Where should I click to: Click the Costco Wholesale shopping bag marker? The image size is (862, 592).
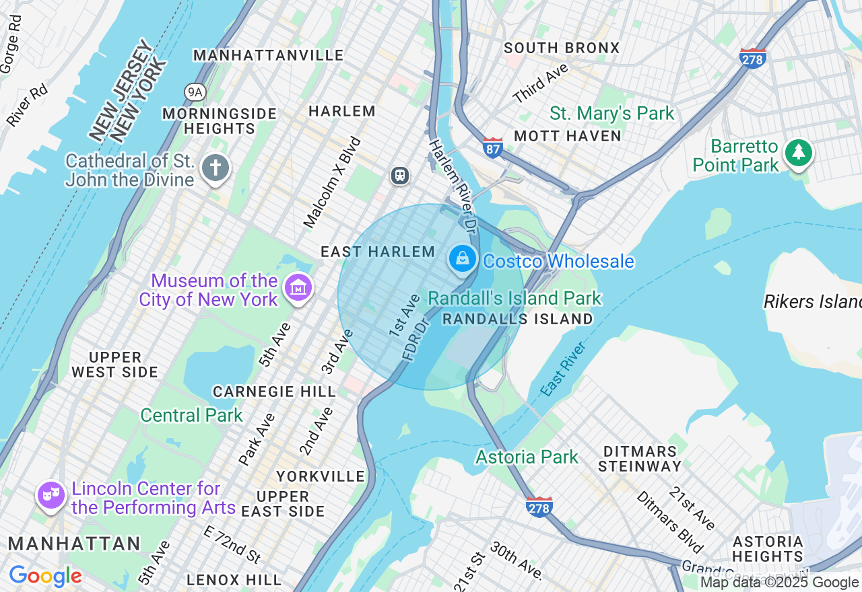pyautogui.click(x=463, y=258)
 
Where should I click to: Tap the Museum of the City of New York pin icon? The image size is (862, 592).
pyautogui.click(x=297, y=288)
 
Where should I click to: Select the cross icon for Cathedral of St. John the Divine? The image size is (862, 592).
pyautogui.click(x=215, y=168)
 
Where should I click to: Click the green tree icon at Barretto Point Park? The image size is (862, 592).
pyautogui.click(x=798, y=153)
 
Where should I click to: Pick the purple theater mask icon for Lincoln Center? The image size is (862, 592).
pyautogui.click(x=51, y=495)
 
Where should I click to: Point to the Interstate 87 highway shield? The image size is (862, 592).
pyautogui.click(x=493, y=148)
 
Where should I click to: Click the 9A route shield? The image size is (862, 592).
pyautogui.click(x=195, y=91)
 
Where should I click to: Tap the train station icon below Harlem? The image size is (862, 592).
pyautogui.click(x=400, y=176)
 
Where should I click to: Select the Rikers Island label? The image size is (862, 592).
pyautogui.click(x=812, y=302)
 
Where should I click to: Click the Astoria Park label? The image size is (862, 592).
pyautogui.click(x=527, y=457)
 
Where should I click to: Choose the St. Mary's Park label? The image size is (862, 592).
pyautogui.click(x=611, y=113)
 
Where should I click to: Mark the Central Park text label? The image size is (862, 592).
pyautogui.click(x=191, y=415)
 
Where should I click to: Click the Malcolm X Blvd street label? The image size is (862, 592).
pyautogui.click(x=333, y=182)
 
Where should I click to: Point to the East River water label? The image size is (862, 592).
pyautogui.click(x=564, y=369)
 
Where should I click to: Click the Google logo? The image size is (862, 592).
pyautogui.click(x=45, y=576)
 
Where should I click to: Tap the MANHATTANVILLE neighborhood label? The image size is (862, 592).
pyautogui.click(x=268, y=55)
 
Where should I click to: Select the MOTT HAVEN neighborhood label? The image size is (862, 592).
pyautogui.click(x=567, y=136)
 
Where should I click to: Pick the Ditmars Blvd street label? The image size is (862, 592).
pyautogui.click(x=669, y=521)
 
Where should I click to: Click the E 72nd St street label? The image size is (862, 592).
pyautogui.click(x=232, y=544)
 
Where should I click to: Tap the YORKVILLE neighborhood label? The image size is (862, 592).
pyautogui.click(x=321, y=476)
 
